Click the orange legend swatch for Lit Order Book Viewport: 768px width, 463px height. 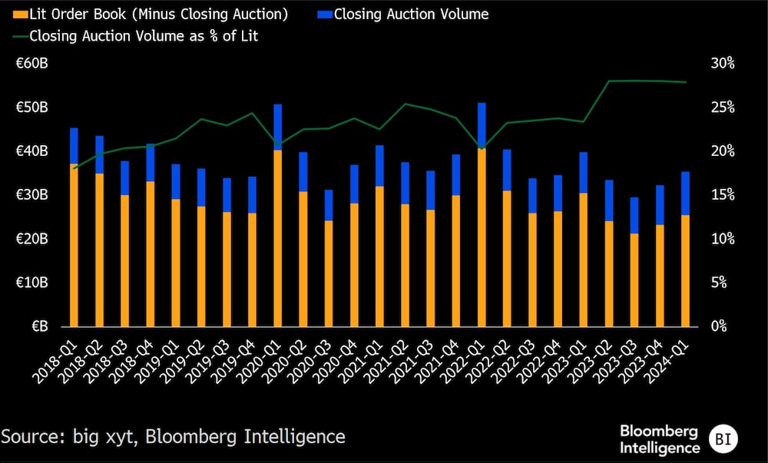point(19,14)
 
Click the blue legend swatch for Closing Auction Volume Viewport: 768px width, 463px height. point(323,14)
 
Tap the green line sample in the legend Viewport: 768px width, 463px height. point(18,36)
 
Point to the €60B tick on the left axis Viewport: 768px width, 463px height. point(32,63)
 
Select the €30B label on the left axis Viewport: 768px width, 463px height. point(32,195)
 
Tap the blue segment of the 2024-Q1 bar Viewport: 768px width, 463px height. point(685,193)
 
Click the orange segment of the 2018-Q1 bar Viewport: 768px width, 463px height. point(74,245)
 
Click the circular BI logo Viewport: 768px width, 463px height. point(723,438)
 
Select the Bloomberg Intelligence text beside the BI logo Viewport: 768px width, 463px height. point(660,438)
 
